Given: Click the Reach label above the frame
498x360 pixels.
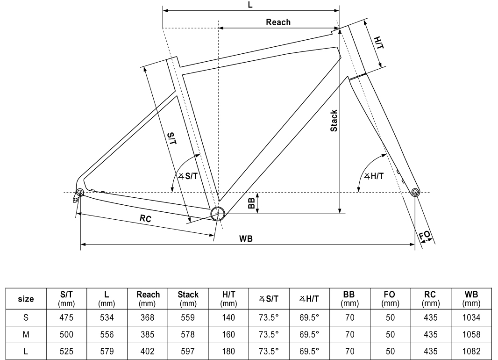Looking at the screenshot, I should (x=278, y=22).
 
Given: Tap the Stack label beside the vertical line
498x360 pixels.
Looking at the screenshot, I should (x=334, y=120).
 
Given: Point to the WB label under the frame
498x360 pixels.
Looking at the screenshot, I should (x=246, y=239).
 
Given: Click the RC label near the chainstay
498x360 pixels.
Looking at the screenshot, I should (x=145, y=218).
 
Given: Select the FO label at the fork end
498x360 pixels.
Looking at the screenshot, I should (x=425, y=236).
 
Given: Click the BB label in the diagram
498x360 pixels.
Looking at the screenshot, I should (x=251, y=203).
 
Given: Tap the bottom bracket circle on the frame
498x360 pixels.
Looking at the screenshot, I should (x=217, y=214).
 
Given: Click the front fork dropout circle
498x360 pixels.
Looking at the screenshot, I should (x=415, y=192).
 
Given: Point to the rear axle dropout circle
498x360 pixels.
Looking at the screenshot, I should (x=79, y=192).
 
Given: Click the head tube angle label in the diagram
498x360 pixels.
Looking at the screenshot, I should (x=374, y=176).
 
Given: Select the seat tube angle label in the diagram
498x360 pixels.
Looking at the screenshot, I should (x=188, y=176).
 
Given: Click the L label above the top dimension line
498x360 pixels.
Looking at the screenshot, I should (x=250, y=5).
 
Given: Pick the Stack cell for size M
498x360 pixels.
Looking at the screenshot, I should (x=188, y=334).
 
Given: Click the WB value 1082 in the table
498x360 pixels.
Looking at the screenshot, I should (x=471, y=351).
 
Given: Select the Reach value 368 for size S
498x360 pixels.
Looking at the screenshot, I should (x=148, y=318).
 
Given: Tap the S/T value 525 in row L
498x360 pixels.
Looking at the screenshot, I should (x=66, y=351).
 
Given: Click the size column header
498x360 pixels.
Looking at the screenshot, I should (x=26, y=299).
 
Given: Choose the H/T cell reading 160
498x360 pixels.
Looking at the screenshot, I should (x=228, y=334).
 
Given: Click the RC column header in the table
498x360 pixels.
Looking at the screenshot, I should (x=430, y=299).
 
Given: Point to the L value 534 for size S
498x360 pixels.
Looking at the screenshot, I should (x=107, y=318).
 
